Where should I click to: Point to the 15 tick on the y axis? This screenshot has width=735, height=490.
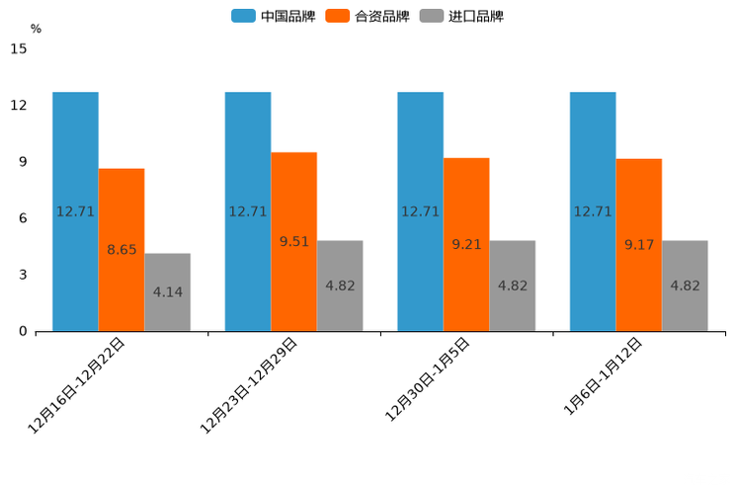[x=18, y=48]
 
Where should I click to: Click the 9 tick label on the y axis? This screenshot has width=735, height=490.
[x=22, y=162]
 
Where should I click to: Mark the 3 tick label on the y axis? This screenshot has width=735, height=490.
[x=22, y=275]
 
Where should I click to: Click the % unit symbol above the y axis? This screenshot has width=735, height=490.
[x=36, y=29]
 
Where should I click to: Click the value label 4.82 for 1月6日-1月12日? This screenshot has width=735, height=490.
[x=686, y=286]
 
